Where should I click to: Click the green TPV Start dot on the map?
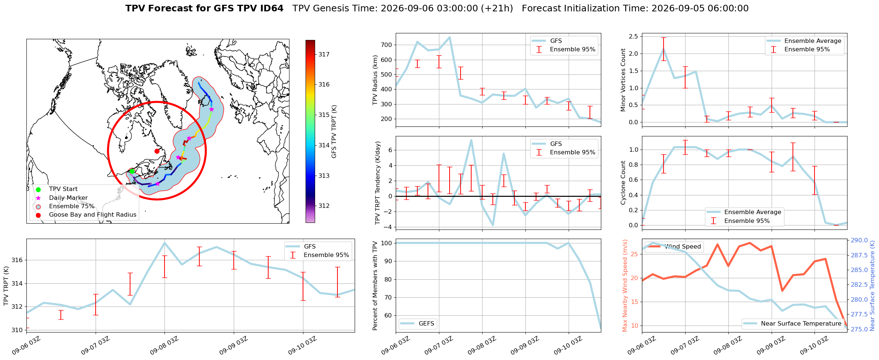point(132,171)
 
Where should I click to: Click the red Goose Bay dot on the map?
point(157,151)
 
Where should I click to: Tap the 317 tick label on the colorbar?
point(324,54)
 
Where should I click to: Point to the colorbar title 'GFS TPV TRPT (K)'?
point(334,132)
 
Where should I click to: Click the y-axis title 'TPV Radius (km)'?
point(375,80)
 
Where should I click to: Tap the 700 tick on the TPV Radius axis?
point(387,45)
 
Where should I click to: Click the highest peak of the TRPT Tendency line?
point(471,140)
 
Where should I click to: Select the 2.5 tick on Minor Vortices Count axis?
point(633,36)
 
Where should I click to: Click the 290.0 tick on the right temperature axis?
point(859,240)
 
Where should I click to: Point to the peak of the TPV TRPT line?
point(165,243)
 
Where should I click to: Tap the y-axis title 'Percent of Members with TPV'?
point(375,286)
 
